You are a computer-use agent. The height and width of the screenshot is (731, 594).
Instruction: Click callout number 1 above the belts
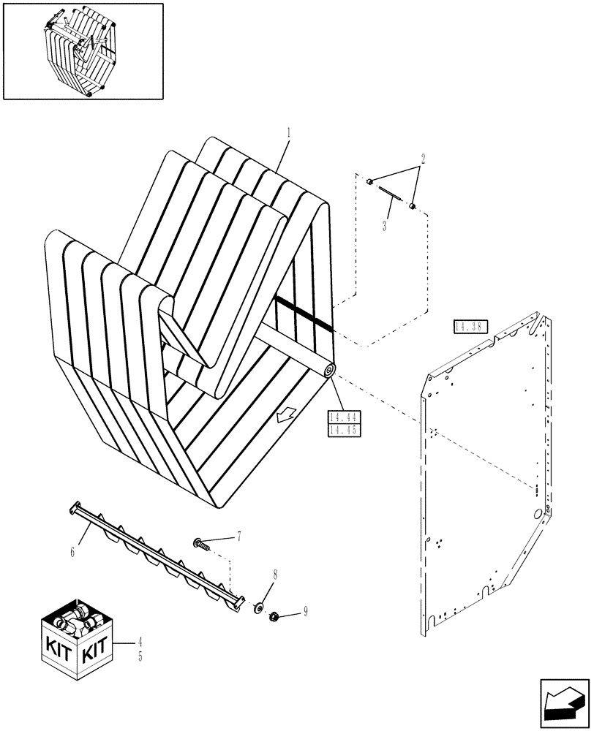[289, 133]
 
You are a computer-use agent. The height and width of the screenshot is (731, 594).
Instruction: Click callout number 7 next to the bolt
[238, 538]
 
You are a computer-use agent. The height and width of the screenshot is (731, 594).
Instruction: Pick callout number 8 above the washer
[275, 575]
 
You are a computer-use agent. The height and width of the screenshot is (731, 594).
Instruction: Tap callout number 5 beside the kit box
[140, 656]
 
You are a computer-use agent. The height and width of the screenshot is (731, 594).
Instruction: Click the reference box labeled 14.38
[465, 327]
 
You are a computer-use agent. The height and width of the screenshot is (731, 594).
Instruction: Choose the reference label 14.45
[342, 430]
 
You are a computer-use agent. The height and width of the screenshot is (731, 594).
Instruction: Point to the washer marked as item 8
[258, 608]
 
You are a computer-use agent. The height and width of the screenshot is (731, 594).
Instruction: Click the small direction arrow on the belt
[285, 415]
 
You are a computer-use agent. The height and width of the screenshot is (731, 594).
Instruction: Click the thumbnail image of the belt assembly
[82, 50]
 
